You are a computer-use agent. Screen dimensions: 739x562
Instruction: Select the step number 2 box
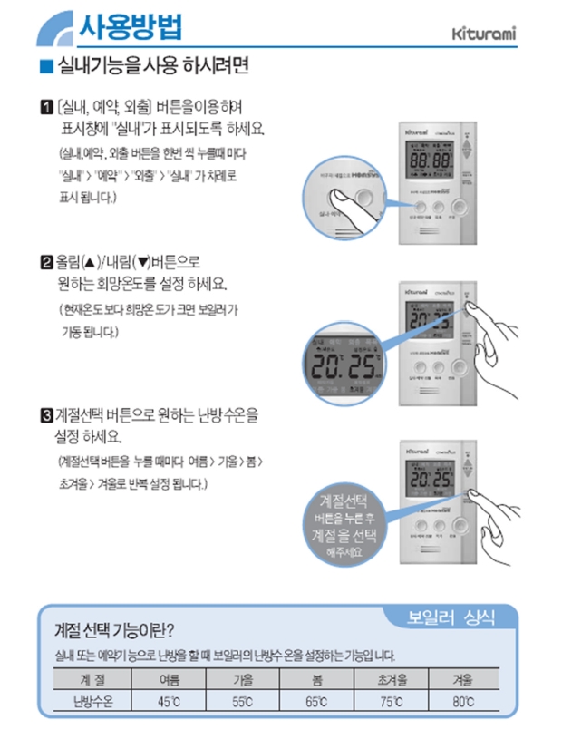coord(46,264)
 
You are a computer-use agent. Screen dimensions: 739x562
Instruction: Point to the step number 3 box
coord(46,416)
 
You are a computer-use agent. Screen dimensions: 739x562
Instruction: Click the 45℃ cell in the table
coord(169,700)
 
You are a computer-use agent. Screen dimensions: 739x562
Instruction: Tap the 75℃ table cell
coord(391,700)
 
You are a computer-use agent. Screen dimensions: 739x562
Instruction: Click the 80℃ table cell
coord(463,700)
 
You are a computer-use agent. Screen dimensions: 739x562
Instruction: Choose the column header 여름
coord(169,678)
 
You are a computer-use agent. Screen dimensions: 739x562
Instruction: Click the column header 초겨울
coord(391,678)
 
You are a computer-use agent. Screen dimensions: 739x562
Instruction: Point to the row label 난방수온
coord(91,700)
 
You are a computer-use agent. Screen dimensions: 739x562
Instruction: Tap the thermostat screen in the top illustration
coord(431,160)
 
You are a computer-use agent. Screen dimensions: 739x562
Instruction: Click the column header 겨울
coord(463,678)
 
